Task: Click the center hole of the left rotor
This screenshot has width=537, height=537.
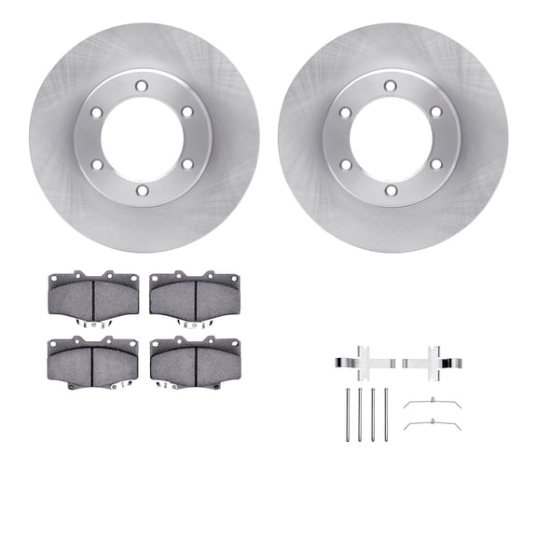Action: (143, 138)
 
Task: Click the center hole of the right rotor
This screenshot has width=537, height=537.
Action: (392, 138)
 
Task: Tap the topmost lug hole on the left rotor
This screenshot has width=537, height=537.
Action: (143, 86)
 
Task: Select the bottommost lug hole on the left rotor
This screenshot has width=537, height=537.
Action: (143, 190)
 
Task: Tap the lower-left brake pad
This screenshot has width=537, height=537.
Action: (92, 359)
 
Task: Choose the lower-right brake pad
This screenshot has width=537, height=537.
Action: (195, 359)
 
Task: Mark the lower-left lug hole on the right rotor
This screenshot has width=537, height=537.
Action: (346, 164)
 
